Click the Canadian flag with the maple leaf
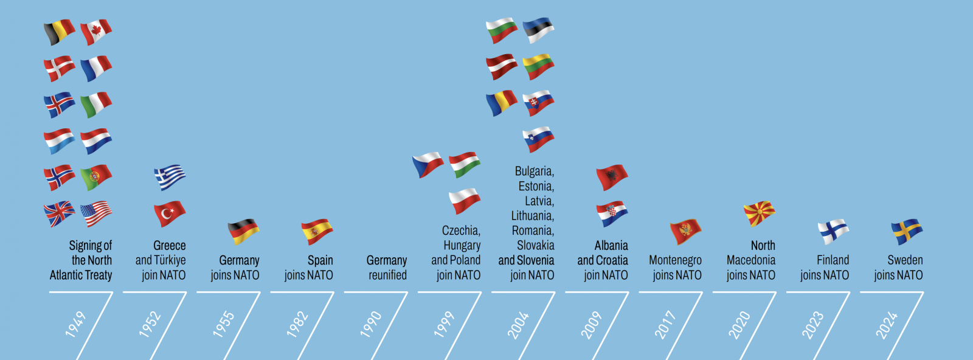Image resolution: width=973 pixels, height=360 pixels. click(x=96, y=32)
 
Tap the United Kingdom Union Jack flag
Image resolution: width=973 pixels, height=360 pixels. click(x=59, y=214)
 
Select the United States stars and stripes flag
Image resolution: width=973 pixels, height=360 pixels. click(x=96, y=214)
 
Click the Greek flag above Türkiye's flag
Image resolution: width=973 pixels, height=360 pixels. click(x=170, y=178)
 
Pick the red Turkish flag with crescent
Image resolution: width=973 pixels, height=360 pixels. click(x=170, y=214)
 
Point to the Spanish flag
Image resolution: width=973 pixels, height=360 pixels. click(x=317, y=232)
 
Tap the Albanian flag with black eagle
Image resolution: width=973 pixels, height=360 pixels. click(x=612, y=177)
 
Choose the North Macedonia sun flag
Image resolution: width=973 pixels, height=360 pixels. click(x=759, y=213)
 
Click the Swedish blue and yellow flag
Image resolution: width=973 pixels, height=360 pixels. click(x=907, y=232)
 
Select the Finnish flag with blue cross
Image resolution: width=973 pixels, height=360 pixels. click(x=833, y=232)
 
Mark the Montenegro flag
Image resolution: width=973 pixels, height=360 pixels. click(x=685, y=232)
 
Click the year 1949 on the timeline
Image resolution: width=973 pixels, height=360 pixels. click(x=76, y=324)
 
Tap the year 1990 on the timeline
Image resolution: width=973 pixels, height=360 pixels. click(x=371, y=324)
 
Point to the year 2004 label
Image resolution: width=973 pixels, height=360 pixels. click(x=518, y=324)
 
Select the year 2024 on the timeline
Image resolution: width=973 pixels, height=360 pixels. click(x=887, y=324)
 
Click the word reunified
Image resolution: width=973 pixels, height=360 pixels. click(x=387, y=275)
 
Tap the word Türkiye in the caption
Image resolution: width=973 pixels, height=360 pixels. click(x=169, y=260)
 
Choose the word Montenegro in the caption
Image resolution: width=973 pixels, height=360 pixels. click(x=675, y=260)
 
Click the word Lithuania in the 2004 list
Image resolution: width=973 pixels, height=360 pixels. click(x=532, y=216)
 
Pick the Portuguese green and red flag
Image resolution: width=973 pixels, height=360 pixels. click(x=96, y=178)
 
